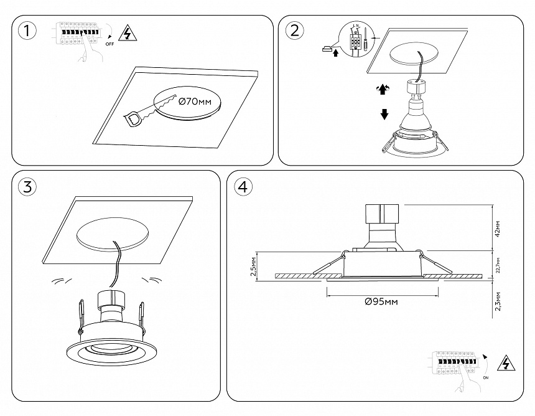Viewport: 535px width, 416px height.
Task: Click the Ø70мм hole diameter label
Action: pos(195,101)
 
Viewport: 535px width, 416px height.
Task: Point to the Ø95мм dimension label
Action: pos(381,301)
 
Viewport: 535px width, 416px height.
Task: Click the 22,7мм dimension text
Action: pos(496,266)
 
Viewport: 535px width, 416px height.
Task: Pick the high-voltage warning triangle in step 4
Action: pos(508,364)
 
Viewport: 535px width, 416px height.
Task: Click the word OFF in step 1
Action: pos(109,45)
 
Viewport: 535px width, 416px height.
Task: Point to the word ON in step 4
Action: pos(485,377)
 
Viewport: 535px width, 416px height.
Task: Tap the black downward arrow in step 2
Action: pos(384,115)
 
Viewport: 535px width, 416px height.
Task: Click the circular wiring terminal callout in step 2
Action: pos(355,39)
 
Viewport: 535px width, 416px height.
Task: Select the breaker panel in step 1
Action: pos(77,32)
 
